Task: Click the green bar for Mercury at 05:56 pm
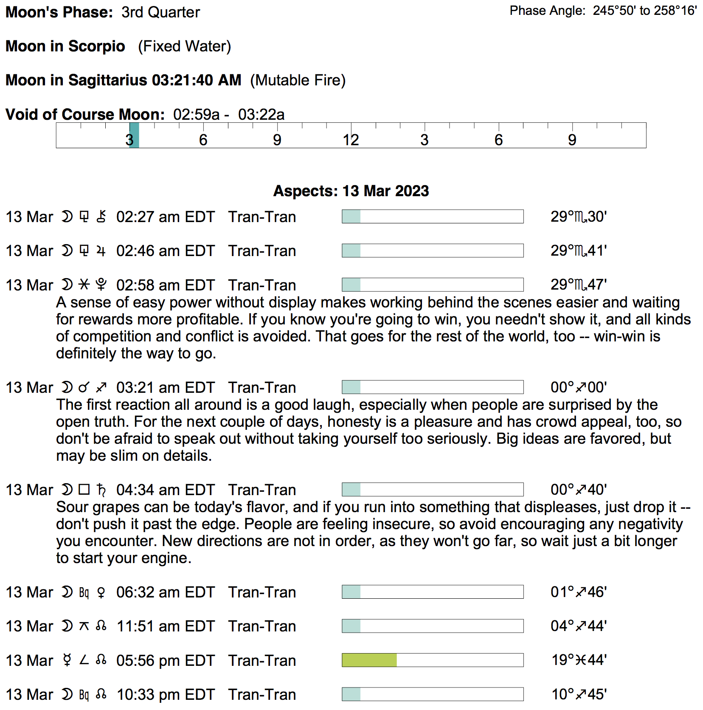pos(369,660)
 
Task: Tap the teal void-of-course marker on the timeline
pos(134,135)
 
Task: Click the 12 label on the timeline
pos(351,140)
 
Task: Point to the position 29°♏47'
pos(578,285)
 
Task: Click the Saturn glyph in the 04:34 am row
pos(101,490)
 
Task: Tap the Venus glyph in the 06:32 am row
pos(101,592)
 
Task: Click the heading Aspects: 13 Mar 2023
pos(351,191)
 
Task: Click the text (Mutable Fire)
pos(298,80)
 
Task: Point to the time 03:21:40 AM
pos(197,80)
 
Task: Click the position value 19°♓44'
pos(578,660)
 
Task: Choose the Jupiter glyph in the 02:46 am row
pos(101,251)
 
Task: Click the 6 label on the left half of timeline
pos(203,140)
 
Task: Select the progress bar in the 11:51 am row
pos(433,626)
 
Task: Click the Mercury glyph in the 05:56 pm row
pos(67,660)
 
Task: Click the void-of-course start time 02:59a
pos(196,115)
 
